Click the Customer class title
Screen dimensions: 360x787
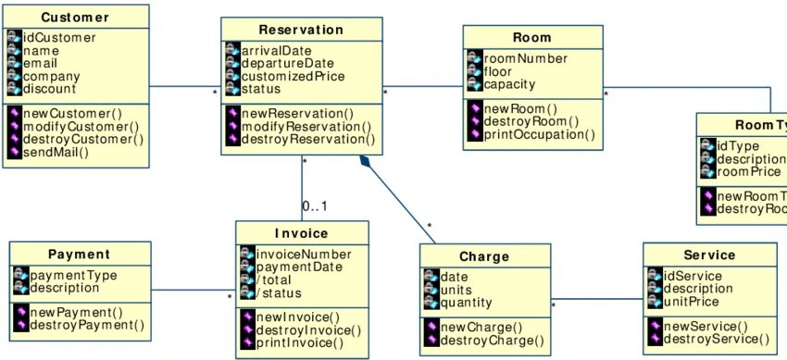pyautogui.click(x=75, y=18)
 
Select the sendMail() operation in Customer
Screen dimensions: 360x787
pyautogui.click(x=56, y=153)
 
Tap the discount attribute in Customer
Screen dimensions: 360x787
pyautogui.click(x=49, y=89)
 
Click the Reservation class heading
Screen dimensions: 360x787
pyautogui.click(x=302, y=30)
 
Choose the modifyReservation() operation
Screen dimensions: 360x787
pyautogui.click(x=306, y=126)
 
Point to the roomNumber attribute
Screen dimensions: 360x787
pyautogui.click(x=525, y=59)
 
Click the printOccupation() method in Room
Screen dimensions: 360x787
pyautogui.click(x=539, y=135)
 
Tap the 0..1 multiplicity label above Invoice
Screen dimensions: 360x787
pyautogui.click(x=315, y=205)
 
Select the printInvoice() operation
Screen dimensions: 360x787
pyautogui.click(x=299, y=343)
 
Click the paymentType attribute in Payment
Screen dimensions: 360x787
pyautogui.click(x=73, y=276)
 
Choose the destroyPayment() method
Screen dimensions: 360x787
pyautogui.click(x=87, y=325)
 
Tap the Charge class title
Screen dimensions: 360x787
pyautogui.click(x=484, y=256)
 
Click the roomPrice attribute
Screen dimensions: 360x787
pyautogui.click(x=751, y=172)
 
